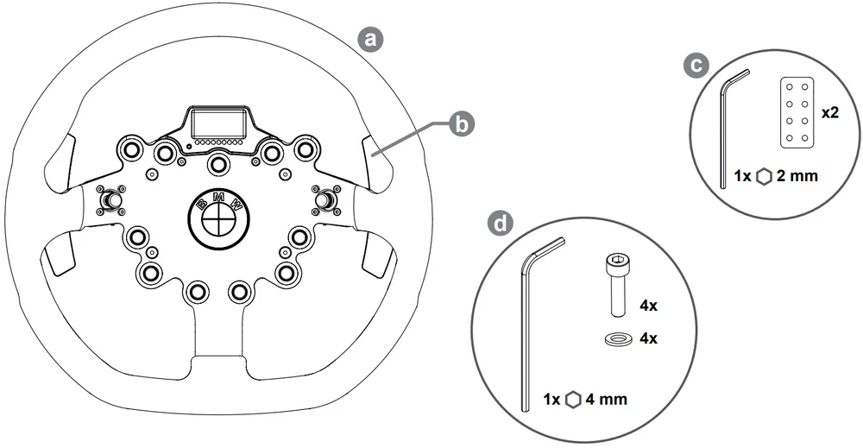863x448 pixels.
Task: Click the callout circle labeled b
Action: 463,124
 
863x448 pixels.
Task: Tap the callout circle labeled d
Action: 499,224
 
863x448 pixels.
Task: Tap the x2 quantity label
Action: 831,113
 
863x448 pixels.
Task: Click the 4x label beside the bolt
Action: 647,305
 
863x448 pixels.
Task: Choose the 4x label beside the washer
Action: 647,338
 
